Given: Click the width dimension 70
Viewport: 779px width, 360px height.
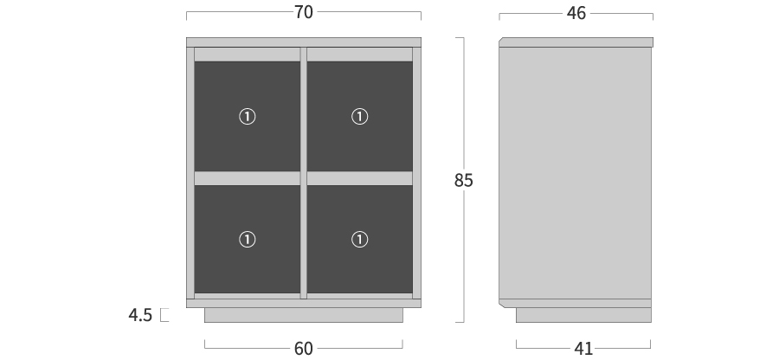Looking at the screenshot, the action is [304, 12].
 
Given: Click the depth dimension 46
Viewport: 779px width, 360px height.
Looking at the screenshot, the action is [576, 13].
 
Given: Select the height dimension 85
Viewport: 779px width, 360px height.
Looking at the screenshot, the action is [463, 180].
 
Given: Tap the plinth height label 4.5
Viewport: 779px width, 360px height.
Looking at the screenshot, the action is [140, 315].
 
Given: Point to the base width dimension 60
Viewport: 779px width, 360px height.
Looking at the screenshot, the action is [304, 349].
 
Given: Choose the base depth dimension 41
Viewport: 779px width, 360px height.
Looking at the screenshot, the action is [583, 349].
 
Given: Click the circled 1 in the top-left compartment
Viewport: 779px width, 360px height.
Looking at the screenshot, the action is [248, 117].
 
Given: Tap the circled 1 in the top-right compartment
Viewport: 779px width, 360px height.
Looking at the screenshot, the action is [360, 117].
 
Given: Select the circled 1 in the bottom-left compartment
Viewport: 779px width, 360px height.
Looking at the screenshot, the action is [248, 240].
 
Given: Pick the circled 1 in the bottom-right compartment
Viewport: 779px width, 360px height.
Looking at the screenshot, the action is [360, 240].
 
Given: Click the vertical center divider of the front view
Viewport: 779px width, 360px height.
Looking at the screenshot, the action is [304, 173].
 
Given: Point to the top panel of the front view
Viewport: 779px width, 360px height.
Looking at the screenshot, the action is [304, 42].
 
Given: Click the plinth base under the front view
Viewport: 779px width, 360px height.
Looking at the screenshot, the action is [304, 315].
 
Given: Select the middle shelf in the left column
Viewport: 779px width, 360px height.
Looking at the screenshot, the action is [247, 178].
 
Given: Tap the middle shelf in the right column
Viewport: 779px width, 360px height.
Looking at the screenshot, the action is [360, 178].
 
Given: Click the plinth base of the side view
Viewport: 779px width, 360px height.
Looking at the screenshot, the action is [583, 315].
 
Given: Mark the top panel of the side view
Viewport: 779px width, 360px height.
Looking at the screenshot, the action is [576, 42].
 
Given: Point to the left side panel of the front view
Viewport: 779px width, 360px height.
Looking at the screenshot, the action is [190, 173].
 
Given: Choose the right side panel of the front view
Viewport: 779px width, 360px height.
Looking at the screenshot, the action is [417, 173].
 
